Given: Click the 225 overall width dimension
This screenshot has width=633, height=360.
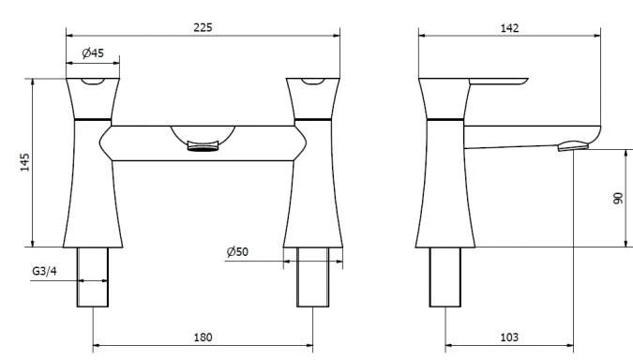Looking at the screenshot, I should (x=203, y=27).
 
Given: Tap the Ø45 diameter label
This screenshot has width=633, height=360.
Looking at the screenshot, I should (x=92, y=53).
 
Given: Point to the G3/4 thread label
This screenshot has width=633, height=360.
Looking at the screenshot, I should (x=44, y=272).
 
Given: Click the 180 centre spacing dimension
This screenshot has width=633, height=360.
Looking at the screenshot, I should (x=203, y=337).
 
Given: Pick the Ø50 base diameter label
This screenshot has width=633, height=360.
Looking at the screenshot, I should (x=237, y=251).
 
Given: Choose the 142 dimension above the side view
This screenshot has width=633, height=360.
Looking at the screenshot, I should (x=509, y=28).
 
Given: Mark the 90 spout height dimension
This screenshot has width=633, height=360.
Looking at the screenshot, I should (x=618, y=200).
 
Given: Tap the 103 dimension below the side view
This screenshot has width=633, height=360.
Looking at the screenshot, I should (x=509, y=337).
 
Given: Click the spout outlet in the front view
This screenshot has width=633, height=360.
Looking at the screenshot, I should (x=203, y=144).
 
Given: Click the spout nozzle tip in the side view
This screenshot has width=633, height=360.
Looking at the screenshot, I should (x=573, y=145).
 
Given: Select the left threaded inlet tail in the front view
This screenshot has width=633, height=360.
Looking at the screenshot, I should (x=92, y=277).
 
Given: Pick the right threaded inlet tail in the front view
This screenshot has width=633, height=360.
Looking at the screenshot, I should (x=313, y=277).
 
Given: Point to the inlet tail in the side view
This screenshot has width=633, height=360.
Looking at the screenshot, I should (x=445, y=277).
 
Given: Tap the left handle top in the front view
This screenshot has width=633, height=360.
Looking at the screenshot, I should (x=94, y=85).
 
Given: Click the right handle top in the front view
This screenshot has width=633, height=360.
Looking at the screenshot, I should (x=313, y=85).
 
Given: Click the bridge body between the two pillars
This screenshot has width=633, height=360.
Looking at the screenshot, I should (x=203, y=141).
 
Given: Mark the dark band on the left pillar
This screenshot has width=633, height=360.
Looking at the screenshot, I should (x=92, y=121).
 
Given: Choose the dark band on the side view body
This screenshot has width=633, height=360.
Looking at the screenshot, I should (x=445, y=121).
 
